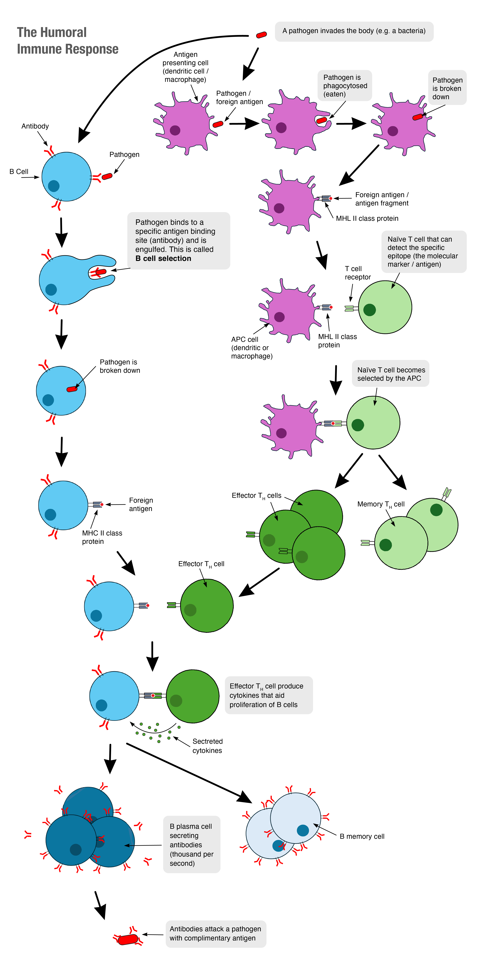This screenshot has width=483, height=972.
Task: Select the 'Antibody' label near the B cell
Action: tap(35, 126)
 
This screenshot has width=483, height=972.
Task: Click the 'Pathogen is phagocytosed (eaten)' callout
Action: tap(345, 86)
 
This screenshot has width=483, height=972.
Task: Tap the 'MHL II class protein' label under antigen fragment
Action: tap(367, 218)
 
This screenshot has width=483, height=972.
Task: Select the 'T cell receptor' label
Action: tap(357, 273)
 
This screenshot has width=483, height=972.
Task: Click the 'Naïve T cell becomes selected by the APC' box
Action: tap(391, 374)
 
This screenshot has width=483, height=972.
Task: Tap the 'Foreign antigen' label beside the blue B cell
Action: tap(141, 504)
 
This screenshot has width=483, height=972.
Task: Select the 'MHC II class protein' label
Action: tap(102, 537)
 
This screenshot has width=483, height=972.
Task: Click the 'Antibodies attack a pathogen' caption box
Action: tap(215, 934)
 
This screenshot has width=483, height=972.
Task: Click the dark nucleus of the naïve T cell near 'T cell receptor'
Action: tap(370, 310)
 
